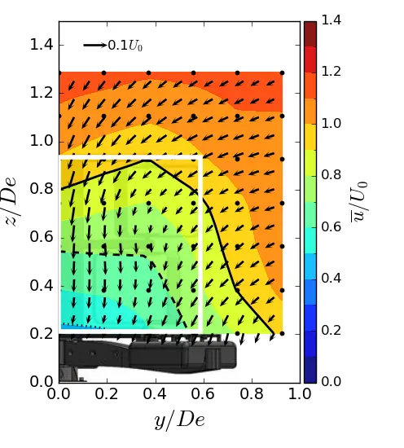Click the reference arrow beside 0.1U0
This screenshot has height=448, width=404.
[x=94, y=46]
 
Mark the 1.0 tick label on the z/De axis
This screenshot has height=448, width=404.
[x=41, y=141]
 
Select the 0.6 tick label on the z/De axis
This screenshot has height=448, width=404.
[x=41, y=238]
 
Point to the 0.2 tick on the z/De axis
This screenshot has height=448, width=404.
[x=41, y=334]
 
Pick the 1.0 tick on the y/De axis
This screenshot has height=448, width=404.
[x=300, y=395]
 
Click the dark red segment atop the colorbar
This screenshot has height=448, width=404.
[x=310, y=33]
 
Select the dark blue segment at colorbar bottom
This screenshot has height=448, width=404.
[x=310, y=371]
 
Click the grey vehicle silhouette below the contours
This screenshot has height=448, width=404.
[x=147, y=358]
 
